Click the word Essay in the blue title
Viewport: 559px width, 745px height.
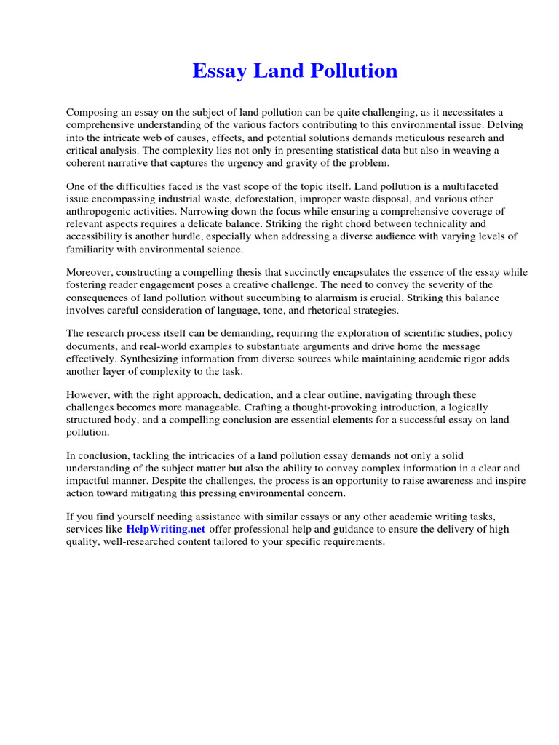click(218, 71)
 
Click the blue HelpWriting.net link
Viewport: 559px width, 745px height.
click(166, 529)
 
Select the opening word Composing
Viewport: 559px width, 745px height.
click(92, 112)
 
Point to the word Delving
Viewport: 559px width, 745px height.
click(507, 125)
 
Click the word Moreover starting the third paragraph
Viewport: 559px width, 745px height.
click(90, 272)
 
